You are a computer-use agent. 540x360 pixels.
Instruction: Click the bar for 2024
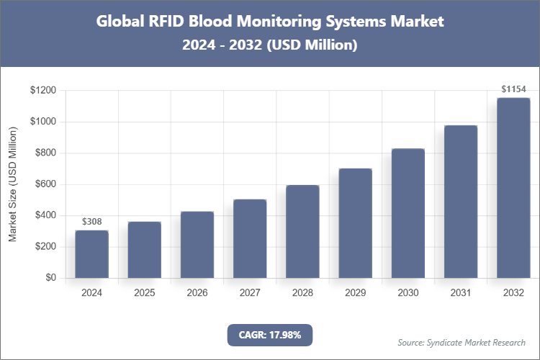click(91, 254)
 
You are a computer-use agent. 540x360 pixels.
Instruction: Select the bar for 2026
click(197, 245)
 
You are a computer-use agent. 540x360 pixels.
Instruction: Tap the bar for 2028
click(302, 231)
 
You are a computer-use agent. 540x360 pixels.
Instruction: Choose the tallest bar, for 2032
click(513, 188)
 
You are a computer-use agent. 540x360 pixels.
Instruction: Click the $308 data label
click(91, 221)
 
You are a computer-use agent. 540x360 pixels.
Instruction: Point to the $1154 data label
click(513, 89)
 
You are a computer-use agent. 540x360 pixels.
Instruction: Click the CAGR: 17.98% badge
click(270, 334)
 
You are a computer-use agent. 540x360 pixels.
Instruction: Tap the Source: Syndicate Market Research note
click(462, 342)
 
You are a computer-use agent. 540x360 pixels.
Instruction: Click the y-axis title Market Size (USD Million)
click(12, 184)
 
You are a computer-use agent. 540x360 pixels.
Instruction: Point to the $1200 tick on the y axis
click(42, 91)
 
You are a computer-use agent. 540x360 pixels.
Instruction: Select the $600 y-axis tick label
click(45, 184)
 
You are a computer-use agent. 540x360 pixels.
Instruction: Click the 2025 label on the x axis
click(144, 293)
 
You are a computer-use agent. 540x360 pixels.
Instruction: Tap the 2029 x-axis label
click(355, 293)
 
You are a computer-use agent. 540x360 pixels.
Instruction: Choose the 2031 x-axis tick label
click(460, 293)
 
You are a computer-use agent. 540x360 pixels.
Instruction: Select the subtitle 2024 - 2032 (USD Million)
click(270, 45)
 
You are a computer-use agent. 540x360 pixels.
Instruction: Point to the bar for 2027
click(250, 238)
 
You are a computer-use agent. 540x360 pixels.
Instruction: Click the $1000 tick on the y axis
click(42, 122)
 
